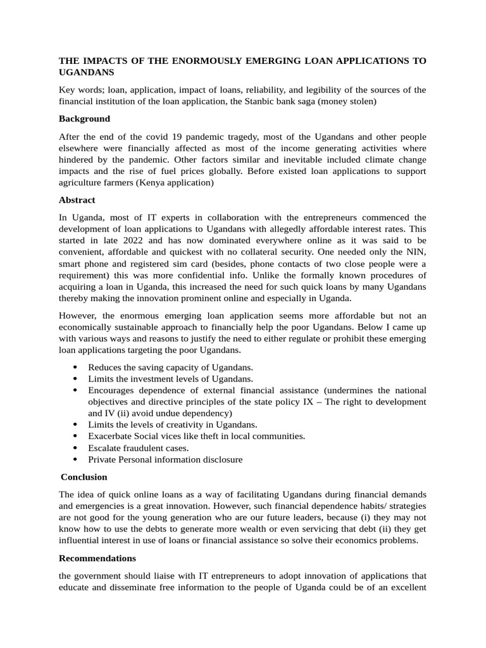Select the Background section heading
[x=84, y=118]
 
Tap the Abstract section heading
[x=77, y=200]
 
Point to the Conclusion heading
[x=84, y=477]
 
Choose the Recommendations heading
[x=97, y=558]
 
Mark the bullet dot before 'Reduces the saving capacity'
[x=76, y=368]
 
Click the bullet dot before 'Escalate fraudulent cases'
[x=76, y=448]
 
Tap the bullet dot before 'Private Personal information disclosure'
[x=76, y=459]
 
